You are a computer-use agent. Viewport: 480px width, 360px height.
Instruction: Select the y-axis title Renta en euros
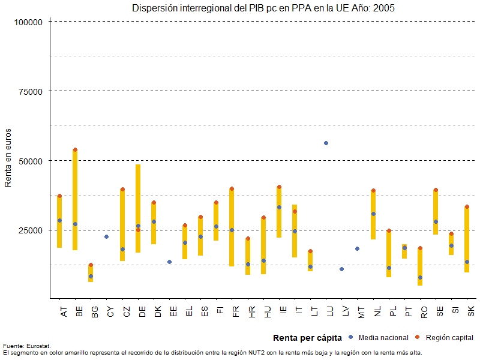(8, 158)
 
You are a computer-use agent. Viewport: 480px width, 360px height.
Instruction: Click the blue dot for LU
(326, 143)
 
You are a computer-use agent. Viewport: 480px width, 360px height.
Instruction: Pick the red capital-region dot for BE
(75, 149)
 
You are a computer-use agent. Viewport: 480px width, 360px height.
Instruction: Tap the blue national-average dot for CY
(106, 236)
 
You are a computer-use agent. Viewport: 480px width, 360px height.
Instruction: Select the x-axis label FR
(231, 311)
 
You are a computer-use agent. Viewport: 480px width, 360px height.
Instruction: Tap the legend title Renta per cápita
(307, 338)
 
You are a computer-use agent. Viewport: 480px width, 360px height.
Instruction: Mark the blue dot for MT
(357, 248)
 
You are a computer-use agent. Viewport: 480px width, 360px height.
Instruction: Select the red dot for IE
(279, 187)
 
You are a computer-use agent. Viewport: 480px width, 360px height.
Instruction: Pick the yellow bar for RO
(420, 267)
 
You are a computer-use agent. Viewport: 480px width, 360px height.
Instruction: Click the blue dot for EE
(169, 262)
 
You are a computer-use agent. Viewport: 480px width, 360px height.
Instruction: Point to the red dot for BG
(91, 265)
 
